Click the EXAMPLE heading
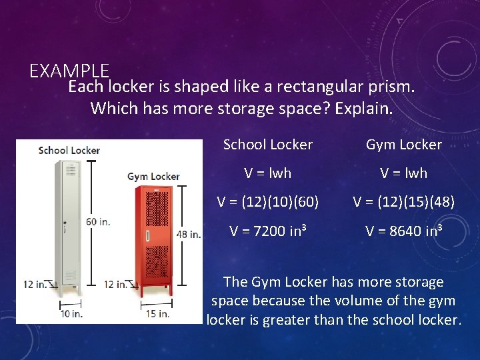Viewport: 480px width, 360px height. click(x=69, y=71)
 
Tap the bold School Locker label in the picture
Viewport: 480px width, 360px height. click(x=69, y=150)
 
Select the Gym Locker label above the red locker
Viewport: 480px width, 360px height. click(x=153, y=177)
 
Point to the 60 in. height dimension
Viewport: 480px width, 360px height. click(x=97, y=221)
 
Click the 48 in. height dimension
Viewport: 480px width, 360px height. click(x=188, y=234)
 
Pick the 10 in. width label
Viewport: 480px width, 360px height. click(x=71, y=313)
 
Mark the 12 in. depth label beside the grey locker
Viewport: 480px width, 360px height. click(x=35, y=284)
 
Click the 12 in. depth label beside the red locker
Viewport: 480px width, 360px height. click(x=117, y=284)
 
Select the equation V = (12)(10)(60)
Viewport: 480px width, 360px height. click(x=268, y=201)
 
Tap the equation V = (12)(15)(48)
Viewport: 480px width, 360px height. click(x=404, y=201)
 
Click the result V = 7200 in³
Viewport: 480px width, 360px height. click(x=268, y=231)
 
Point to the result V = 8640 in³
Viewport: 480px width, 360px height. click(x=404, y=231)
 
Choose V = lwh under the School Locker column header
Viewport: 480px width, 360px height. click(x=268, y=173)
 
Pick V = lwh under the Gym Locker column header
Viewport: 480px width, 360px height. click(x=404, y=173)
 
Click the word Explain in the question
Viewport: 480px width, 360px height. click(x=364, y=107)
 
